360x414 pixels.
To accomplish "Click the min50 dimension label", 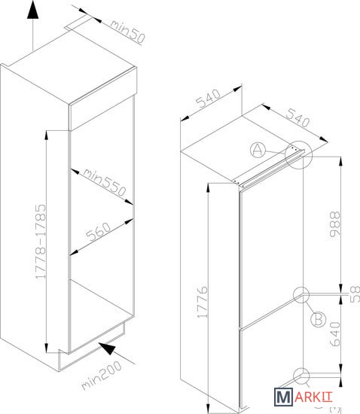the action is (127, 31).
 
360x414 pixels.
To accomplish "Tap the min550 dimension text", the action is (105, 182).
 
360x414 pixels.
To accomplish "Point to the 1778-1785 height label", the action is (41, 242).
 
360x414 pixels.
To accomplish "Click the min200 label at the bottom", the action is (102, 375).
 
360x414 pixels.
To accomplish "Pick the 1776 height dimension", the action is (203, 301).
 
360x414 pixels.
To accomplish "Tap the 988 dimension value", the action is (335, 224).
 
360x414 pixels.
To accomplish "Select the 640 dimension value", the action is (335, 333).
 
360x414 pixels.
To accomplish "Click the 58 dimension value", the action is (355, 294).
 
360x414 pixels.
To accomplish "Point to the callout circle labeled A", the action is (258, 150).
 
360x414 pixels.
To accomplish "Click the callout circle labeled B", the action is (318, 319).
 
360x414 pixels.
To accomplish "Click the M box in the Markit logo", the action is (283, 397).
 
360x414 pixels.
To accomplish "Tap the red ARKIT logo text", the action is (313, 397).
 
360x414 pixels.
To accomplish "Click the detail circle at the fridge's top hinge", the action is (299, 155).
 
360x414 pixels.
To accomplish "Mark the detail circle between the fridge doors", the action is (301, 295).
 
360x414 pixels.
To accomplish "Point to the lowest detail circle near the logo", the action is (301, 376).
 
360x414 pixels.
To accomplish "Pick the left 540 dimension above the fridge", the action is (209, 99).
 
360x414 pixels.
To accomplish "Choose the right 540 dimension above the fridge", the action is (298, 117).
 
